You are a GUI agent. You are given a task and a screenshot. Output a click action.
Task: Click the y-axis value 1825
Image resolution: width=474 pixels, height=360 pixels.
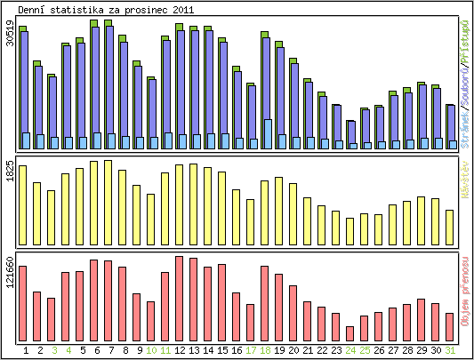[x=10, y=172]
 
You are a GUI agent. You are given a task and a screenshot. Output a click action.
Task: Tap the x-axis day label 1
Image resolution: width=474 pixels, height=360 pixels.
[x=26, y=350]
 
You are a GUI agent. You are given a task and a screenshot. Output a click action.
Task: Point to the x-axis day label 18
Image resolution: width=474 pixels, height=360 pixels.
[x=265, y=350]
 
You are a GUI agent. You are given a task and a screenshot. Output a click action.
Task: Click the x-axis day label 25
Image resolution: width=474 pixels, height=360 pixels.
[x=365, y=350]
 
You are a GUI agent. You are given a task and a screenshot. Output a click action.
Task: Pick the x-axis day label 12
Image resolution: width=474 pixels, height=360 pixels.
[x=180, y=350]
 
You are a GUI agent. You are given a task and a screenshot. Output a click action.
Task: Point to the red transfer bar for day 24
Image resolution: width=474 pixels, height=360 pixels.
[x=350, y=326]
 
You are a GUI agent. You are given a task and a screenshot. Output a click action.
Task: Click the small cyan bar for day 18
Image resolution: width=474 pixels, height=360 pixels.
[x=268, y=134]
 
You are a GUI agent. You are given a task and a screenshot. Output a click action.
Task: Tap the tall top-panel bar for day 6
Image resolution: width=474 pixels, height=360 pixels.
[x=94, y=84]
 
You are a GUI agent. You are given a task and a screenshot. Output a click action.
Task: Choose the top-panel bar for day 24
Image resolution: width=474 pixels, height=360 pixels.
[x=350, y=133]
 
